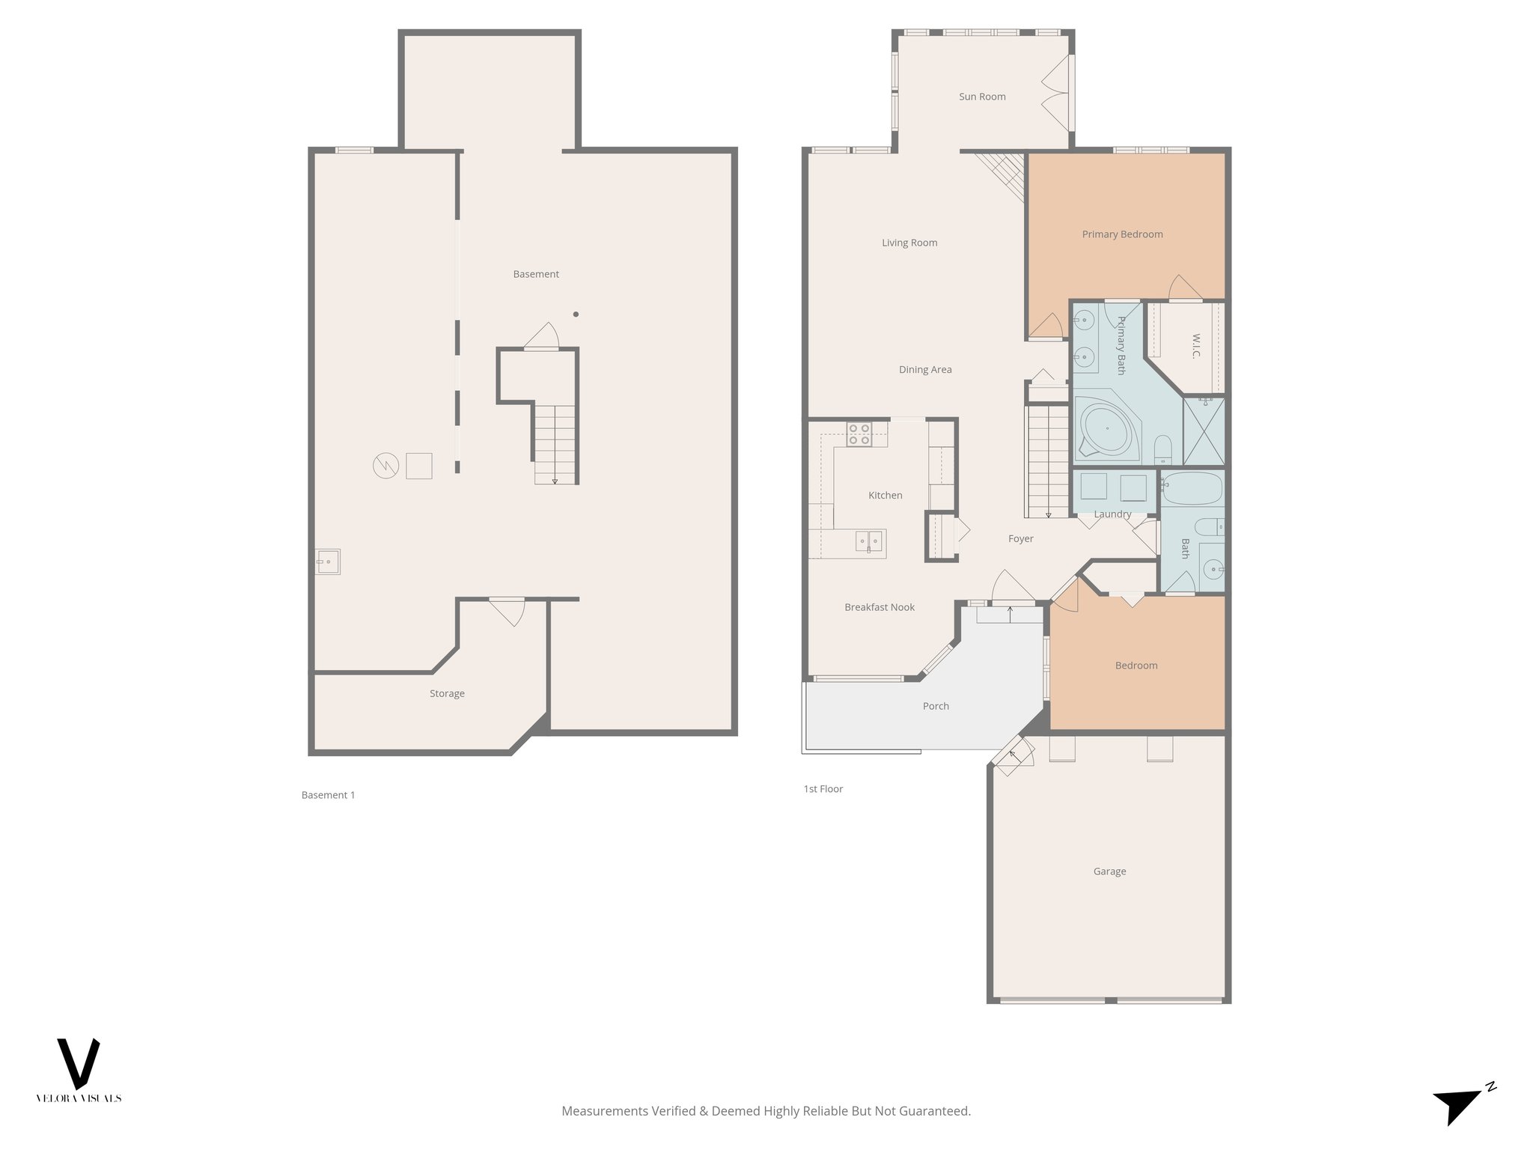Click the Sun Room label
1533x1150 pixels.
(x=982, y=97)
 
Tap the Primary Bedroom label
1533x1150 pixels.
(x=1122, y=234)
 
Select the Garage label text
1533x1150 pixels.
(x=1109, y=871)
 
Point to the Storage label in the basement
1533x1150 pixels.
(x=447, y=694)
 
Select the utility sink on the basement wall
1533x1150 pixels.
(x=328, y=561)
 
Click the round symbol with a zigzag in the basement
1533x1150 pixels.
(x=385, y=466)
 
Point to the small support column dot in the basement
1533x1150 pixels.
(x=576, y=314)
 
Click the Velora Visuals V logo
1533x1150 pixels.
(x=79, y=1064)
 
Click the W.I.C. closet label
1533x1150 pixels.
(x=1196, y=345)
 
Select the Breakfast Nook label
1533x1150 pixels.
(x=880, y=607)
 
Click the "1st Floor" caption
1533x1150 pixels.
(x=823, y=789)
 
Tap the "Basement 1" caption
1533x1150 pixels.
(x=328, y=795)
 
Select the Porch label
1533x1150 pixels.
(x=936, y=706)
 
